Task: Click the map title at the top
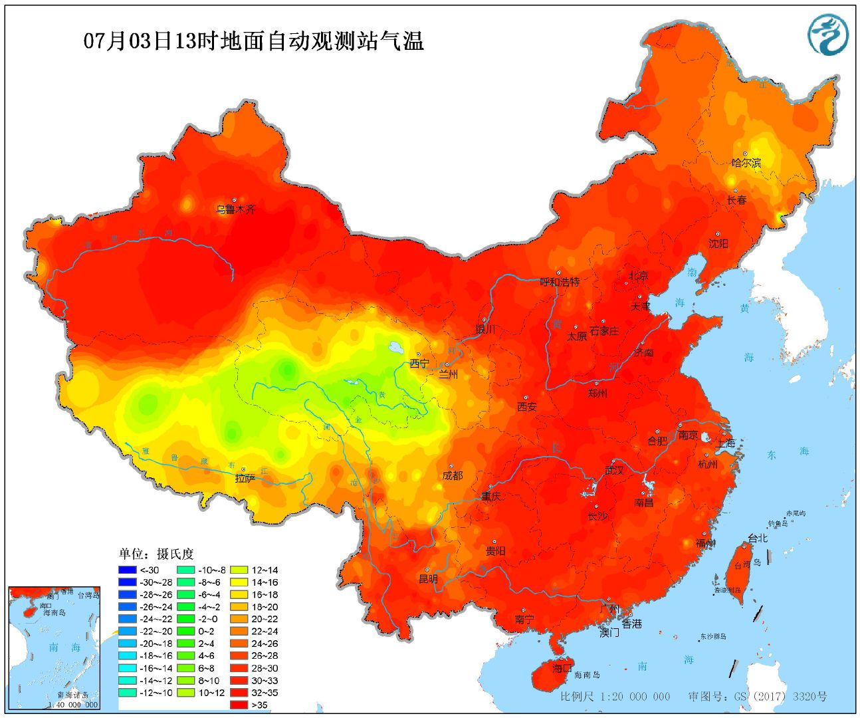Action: tap(253, 41)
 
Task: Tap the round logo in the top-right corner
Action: tap(828, 34)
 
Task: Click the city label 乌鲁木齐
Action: tap(235, 209)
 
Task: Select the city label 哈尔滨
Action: tap(746, 163)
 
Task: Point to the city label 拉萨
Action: tap(245, 478)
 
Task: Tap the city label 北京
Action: tap(638, 275)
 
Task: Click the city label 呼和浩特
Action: tap(560, 282)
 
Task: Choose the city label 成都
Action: tap(453, 476)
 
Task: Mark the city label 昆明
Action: tap(428, 579)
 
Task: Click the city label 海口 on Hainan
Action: tap(562, 668)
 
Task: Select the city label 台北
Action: tap(757, 538)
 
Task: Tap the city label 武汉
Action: tap(614, 470)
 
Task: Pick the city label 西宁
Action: tap(419, 364)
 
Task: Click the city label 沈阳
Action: tap(718, 244)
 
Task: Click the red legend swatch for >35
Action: tap(239, 705)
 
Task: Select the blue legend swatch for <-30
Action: tap(127, 570)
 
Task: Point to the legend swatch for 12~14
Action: tap(239, 570)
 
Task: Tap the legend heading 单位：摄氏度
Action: tap(156, 554)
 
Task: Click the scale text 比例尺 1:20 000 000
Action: tap(615, 696)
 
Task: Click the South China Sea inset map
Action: tap(54, 648)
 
